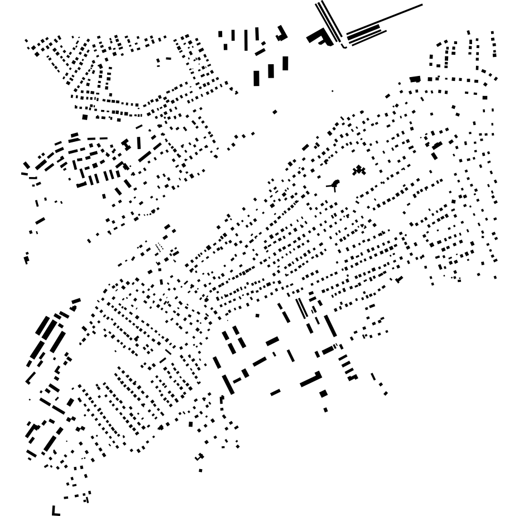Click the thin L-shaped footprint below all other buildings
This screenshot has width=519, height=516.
point(55,511)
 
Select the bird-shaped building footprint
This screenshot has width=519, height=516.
point(334,184)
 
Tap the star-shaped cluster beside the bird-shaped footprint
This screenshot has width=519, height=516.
point(359,170)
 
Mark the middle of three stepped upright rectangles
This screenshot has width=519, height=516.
point(271,71)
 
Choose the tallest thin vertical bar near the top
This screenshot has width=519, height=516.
point(246,40)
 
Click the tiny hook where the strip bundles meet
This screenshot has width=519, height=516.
point(344,45)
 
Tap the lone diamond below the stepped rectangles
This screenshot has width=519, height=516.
point(275,112)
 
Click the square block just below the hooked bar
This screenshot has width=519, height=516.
point(323,393)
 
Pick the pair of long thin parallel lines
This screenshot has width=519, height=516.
point(301,308)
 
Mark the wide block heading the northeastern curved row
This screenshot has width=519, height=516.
point(415,79)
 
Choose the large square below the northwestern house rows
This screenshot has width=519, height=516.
point(85,117)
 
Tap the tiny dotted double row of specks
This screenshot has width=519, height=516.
point(160,246)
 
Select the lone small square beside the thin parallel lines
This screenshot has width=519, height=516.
point(257,316)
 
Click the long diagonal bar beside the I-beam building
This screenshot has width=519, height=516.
point(145,155)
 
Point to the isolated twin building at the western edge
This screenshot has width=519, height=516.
point(26,258)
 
